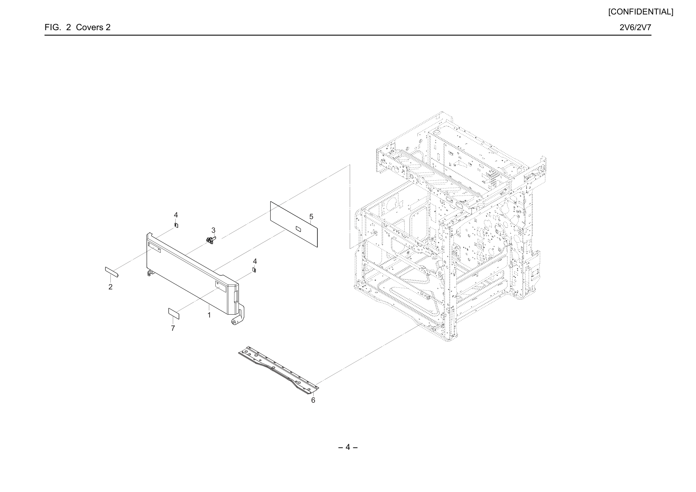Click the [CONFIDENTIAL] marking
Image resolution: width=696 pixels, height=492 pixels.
pyautogui.click(x=641, y=12)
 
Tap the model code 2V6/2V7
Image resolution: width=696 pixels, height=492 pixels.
pyautogui.click(x=635, y=27)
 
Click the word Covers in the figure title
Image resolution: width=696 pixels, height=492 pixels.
pyautogui.click(x=89, y=27)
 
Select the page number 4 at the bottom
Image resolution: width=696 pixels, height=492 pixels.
pyautogui.click(x=348, y=447)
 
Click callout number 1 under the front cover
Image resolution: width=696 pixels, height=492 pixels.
pyautogui.click(x=209, y=315)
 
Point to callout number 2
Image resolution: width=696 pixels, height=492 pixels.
pyautogui.click(x=110, y=287)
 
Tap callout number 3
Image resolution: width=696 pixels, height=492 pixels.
pyautogui.click(x=213, y=230)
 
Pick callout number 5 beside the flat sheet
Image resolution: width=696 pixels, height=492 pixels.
pyautogui.click(x=311, y=217)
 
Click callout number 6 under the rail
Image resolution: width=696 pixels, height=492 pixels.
pyautogui.click(x=313, y=400)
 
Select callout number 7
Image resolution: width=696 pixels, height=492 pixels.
pyautogui.click(x=173, y=328)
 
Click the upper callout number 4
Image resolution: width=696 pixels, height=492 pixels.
pyautogui.click(x=176, y=215)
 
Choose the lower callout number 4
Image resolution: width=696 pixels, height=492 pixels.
pyautogui.click(x=255, y=261)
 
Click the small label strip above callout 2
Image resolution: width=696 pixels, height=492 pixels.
pyautogui.click(x=112, y=272)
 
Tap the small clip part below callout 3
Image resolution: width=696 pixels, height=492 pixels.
pyautogui.click(x=211, y=240)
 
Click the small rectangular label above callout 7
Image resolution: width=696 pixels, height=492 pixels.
pyautogui.click(x=174, y=314)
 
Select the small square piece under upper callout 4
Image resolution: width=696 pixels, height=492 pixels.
pyautogui.click(x=176, y=225)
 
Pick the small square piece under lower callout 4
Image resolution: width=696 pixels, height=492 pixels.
pyautogui.click(x=254, y=270)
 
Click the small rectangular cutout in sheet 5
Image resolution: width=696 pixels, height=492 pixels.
pyautogui.click(x=298, y=229)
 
